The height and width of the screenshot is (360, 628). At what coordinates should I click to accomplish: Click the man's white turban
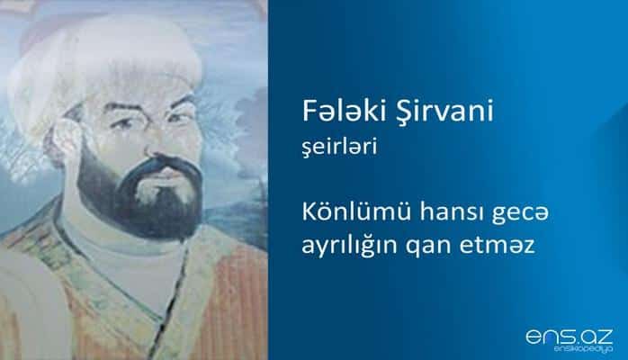click(135, 54)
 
